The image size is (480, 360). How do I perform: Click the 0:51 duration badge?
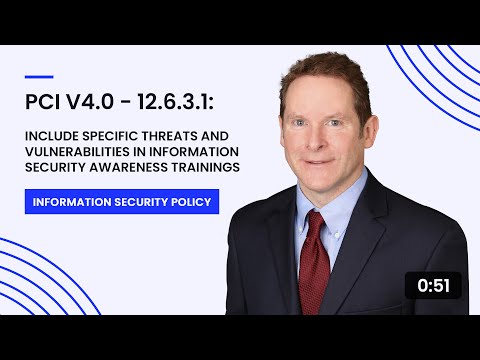point(432,286)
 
